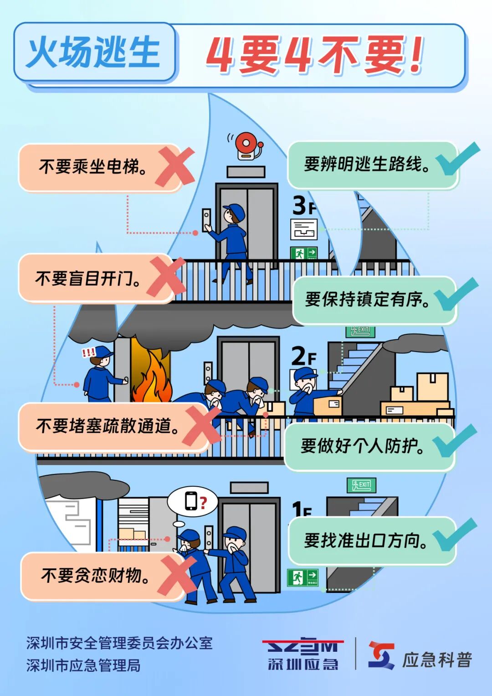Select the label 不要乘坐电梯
click(x=93, y=166)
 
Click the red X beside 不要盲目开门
click(x=166, y=276)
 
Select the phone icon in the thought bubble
click(x=191, y=500)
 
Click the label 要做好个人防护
click(x=362, y=446)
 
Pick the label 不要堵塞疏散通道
click(x=108, y=426)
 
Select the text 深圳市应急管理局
click(x=83, y=665)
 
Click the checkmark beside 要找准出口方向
click(x=455, y=535)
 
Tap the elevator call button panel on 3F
click(x=206, y=220)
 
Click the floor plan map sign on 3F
click(x=304, y=229)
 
